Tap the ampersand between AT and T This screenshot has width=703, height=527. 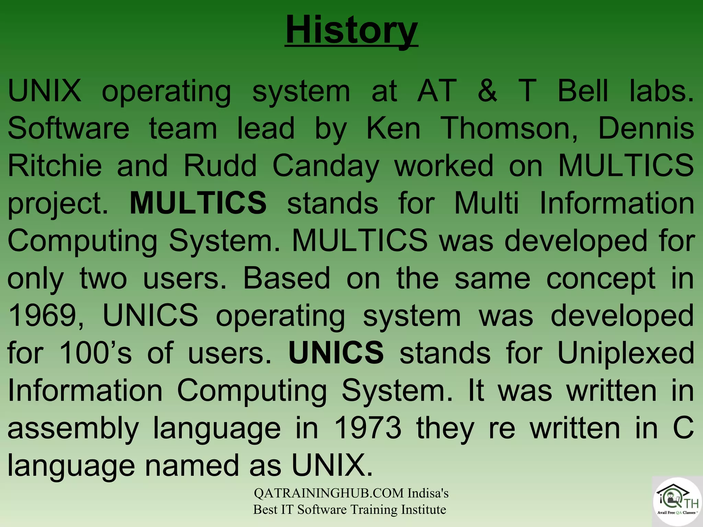pyautogui.click(x=487, y=91)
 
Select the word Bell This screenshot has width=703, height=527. pyautogui.click(x=583, y=91)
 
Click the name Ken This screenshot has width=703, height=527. pyautogui.click(x=393, y=128)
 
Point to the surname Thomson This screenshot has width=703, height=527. pyautogui.click(x=509, y=128)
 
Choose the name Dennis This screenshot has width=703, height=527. pyautogui.click(x=646, y=128)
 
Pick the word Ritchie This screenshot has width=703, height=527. pyautogui.click(x=55, y=165)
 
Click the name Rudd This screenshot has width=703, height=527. pyautogui.click(x=220, y=165)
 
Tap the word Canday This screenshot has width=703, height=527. pyautogui.click(x=326, y=166)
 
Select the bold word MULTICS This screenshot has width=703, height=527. pyautogui.click(x=198, y=203)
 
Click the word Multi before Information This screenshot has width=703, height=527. pyautogui.click(x=486, y=203)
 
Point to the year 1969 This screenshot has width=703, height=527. pyautogui.click(x=46, y=316)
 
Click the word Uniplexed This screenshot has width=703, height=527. pyautogui.click(x=626, y=353)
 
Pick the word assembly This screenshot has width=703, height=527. pyautogui.click(x=73, y=428)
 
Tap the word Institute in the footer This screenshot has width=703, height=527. pyautogui.click(x=424, y=510)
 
